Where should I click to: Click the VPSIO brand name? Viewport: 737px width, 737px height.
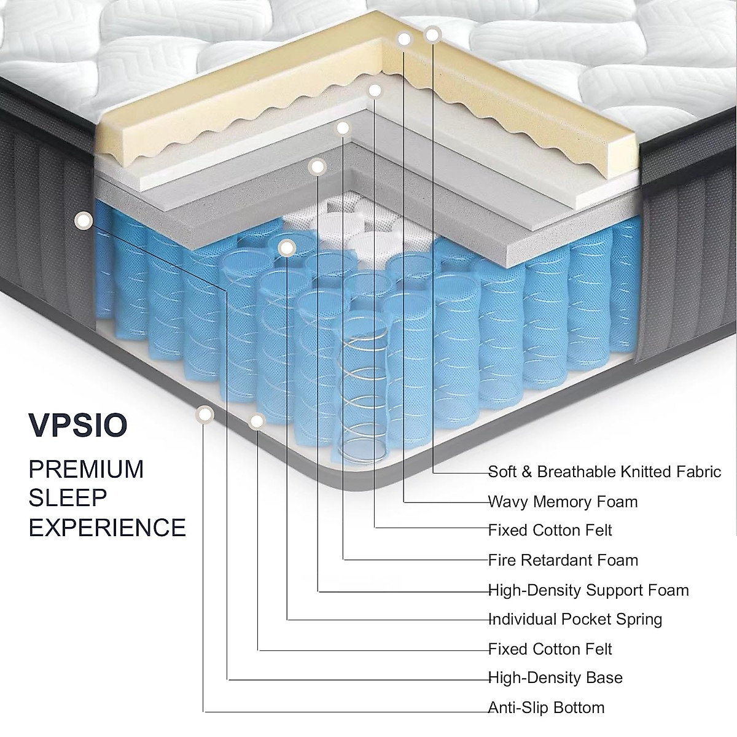click(78, 426)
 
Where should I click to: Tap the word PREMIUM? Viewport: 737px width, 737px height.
click(87, 469)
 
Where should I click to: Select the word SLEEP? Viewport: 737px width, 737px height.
click(68, 498)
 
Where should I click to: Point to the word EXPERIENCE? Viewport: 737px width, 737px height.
click(107, 527)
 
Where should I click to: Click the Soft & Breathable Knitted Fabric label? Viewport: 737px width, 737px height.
click(604, 472)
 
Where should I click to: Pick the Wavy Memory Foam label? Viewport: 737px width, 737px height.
click(563, 502)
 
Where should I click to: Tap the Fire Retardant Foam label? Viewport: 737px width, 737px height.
click(563, 560)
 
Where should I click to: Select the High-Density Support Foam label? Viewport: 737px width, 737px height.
click(588, 590)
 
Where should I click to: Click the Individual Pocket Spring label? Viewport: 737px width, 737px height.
click(575, 619)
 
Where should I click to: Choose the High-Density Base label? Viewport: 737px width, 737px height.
click(555, 678)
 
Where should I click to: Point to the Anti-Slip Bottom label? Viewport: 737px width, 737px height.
click(546, 708)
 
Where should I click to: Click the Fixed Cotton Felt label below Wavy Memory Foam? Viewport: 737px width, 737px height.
click(550, 530)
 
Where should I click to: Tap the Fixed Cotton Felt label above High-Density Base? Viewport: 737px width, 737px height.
click(550, 649)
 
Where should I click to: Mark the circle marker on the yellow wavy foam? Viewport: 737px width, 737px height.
click(404, 39)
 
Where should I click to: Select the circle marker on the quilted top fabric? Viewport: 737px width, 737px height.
click(432, 34)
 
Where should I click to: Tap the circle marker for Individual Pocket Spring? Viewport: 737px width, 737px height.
click(287, 247)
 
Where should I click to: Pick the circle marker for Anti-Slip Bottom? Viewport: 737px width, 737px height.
click(205, 415)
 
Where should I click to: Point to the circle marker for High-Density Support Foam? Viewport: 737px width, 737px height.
click(318, 166)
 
